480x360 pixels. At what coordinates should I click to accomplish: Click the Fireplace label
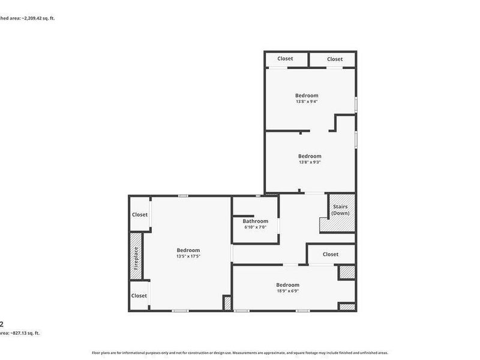(136, 258)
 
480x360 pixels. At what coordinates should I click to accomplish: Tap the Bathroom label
(255, 221)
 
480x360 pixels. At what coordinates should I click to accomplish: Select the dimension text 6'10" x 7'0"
(255, 227)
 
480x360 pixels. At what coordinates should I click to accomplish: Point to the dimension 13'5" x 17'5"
(188, 256)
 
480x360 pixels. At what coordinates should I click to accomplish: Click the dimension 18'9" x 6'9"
(287, 291)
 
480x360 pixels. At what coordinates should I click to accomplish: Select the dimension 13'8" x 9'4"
(307, 101)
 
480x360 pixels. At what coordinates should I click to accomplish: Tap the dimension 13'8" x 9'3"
(310, 162)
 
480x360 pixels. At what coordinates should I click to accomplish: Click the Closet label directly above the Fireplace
(139, 214)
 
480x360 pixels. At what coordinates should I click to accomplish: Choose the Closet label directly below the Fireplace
(139, 295)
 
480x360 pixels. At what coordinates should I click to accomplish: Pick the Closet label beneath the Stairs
(331, 254)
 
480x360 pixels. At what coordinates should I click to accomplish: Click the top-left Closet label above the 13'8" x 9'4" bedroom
(285, 59)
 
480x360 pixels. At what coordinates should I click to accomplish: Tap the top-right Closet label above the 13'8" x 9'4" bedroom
(335, 59)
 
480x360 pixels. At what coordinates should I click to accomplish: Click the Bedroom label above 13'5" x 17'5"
(188, 250)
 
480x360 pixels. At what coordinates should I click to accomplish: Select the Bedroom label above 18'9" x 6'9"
(287, 285)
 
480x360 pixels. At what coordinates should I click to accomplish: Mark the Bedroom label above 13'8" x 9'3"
(310, 156)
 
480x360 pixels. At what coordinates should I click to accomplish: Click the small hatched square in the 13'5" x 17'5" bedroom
(227, 302)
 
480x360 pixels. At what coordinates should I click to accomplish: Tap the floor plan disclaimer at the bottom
(240, 353)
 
